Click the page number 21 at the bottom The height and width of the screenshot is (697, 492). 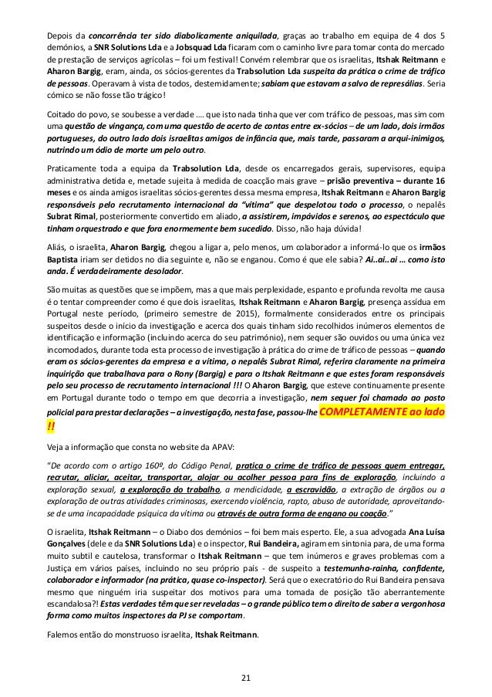(245, 678)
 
